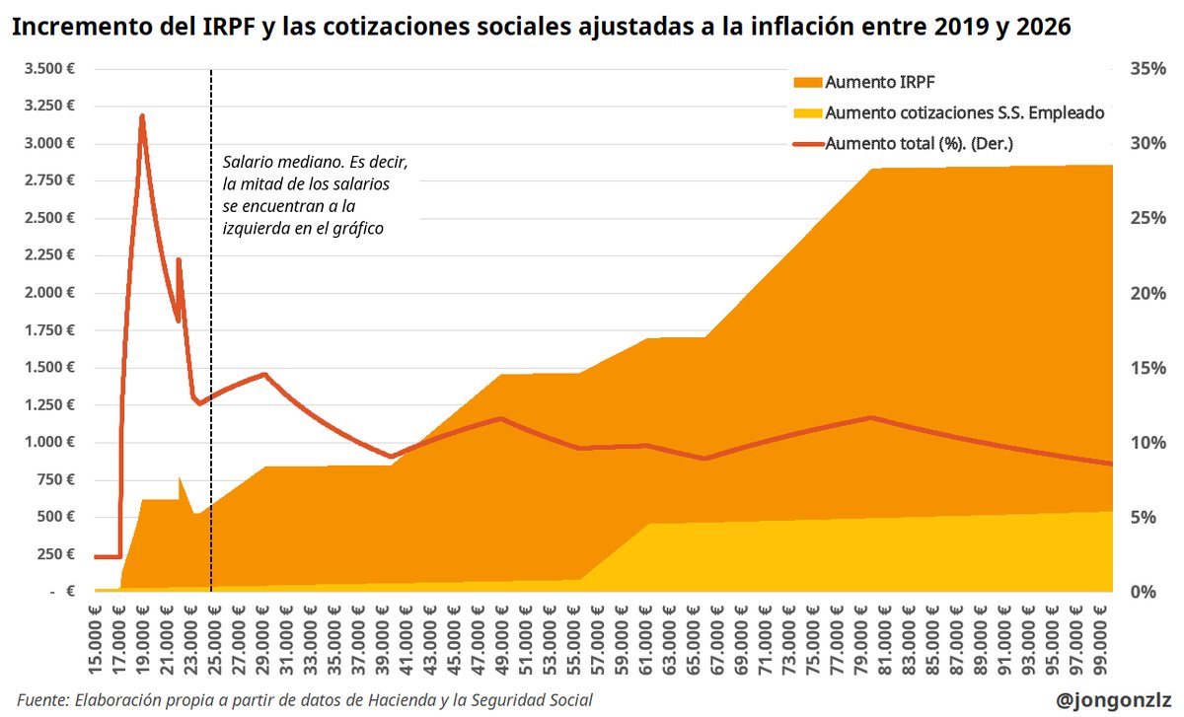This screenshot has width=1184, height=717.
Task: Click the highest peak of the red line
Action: point(142,116)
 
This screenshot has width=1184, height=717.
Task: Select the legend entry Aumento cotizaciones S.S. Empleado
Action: point(963,112)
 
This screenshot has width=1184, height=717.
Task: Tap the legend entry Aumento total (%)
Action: point(919,143)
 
